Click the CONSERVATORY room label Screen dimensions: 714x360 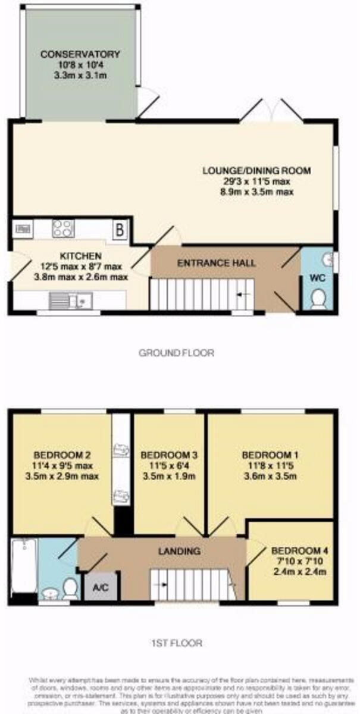point(80,55)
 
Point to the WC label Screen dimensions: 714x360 point(317,278)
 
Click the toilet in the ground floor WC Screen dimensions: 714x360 point(318,298)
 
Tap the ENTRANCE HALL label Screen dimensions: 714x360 point(217,262)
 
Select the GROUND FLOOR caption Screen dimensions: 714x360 point(176,353)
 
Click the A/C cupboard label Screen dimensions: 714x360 point(101,587)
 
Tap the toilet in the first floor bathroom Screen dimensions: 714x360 point(70,587)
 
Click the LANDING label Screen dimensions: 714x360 point(179,552)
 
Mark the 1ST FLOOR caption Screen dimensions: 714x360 point(177,643)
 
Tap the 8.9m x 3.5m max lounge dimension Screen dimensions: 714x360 point(256,192)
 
